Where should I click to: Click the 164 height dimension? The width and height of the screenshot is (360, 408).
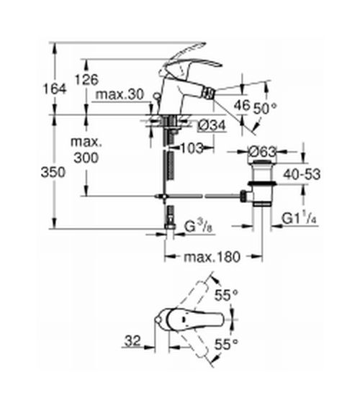pyautogui.click(x=55, y=88)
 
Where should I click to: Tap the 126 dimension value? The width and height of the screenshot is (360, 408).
pyautogui.click(x=86, y=79)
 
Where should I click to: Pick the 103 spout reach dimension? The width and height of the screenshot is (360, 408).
pyautogui.click(x=192, y=148)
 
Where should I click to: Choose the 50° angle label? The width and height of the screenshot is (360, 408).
pyautogui.click(x=267, y=106)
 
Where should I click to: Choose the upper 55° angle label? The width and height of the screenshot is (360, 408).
pyautogui.click(x=228, y=294)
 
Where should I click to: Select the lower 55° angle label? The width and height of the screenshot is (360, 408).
pyautogui.click(x=228, y=345)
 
